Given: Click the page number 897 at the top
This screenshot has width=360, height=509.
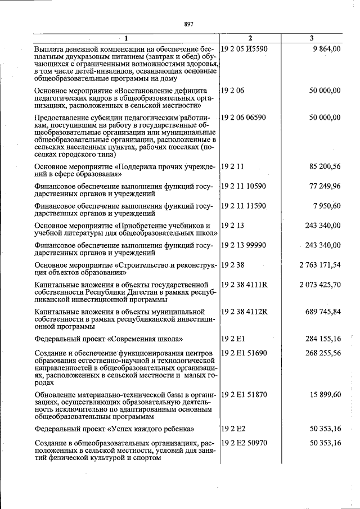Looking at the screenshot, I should point(188,24).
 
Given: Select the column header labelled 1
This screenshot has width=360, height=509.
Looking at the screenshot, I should point(126,38).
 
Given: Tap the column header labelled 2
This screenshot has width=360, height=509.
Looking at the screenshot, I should point(250,38).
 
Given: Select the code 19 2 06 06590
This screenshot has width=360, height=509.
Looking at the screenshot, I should point(244,117).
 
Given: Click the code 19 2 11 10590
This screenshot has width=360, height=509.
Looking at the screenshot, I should point(244,186).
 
